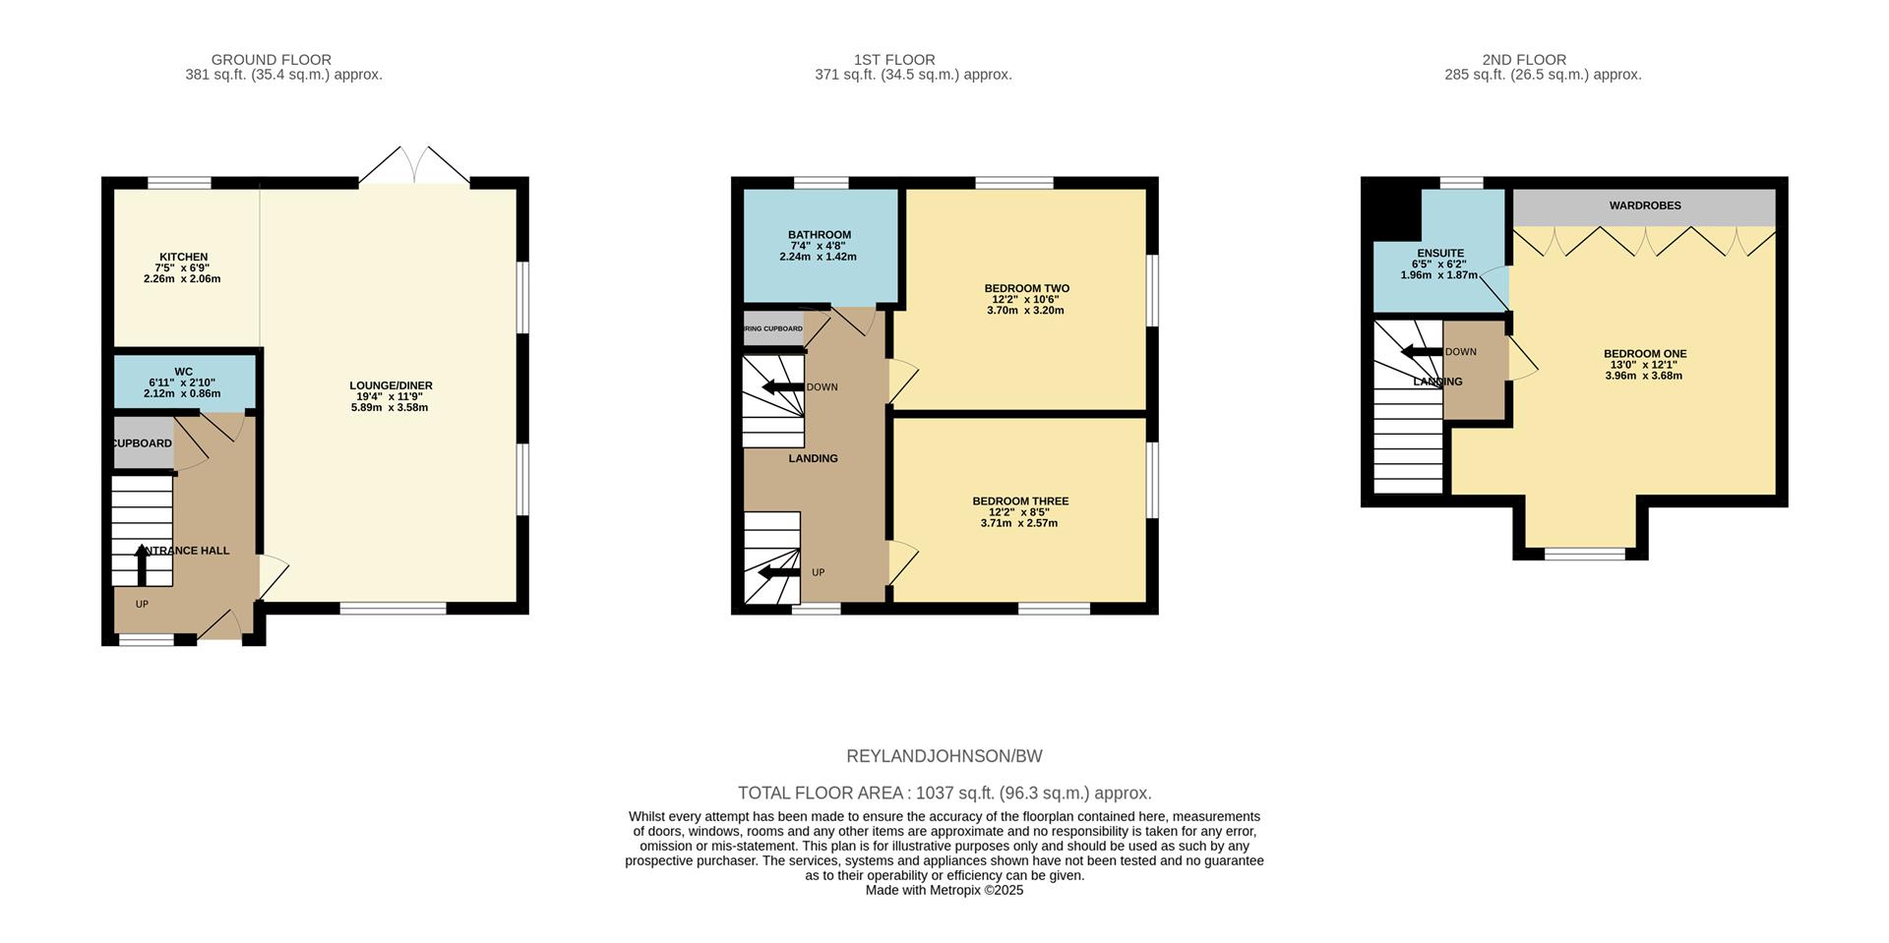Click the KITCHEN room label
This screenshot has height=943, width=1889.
click(x=184, y=257)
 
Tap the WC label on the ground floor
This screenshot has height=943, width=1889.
click(x=184, y=372)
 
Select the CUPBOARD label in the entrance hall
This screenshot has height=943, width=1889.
click(x=143, y=443)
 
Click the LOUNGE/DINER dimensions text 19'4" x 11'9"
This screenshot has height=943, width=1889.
click(x=390, y=396)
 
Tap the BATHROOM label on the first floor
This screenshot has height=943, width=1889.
click(x=819, y=235)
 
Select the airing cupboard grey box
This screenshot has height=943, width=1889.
click(x=773, y=328)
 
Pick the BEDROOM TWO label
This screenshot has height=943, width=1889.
click(x=1026, y=288)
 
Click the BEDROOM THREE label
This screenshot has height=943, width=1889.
click(x=1020, y=501)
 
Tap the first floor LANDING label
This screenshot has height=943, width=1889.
click(x=813, y=458)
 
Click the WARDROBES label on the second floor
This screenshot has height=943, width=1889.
click(x=1645, y=206)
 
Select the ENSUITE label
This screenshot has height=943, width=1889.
click(x=1440, y=253)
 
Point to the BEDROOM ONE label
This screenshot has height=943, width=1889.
click(x=1645, y=353)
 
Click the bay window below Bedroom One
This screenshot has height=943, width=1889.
click(x=1584, y=554)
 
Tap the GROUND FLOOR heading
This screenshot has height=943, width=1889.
click(x=272, y=60)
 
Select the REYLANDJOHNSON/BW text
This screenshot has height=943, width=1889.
click(x=944, y=756)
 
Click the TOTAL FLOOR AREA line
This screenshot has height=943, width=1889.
click(x=944, y=793)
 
